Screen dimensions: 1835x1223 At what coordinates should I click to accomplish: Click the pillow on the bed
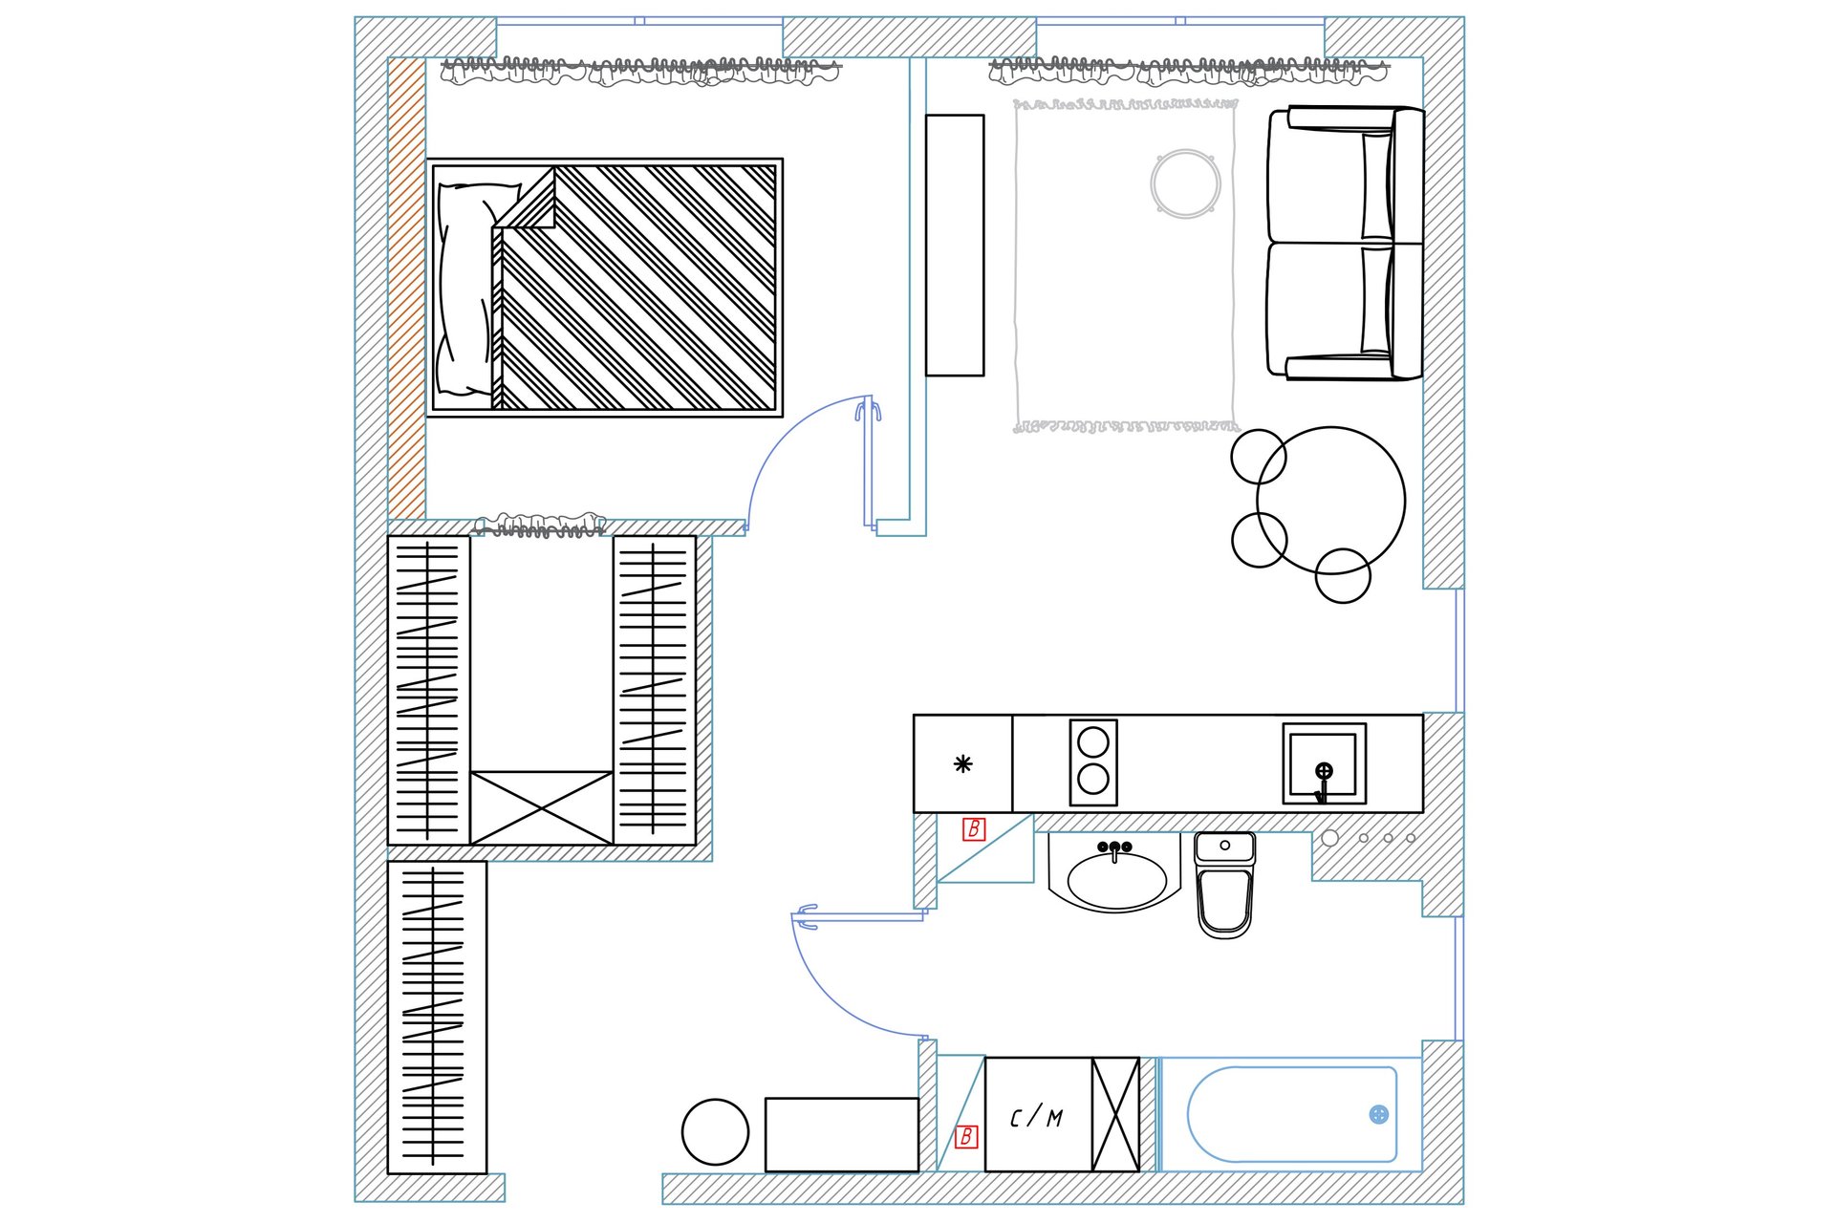tap(465, 290)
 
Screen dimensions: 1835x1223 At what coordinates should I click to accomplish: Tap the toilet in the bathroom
tap(1224, 885)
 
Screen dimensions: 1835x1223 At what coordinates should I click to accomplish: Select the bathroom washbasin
tap(1115, 873)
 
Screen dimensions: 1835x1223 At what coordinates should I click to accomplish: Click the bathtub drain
tap(1378, 1114)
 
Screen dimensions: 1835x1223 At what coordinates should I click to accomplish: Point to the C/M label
tap(1036, 1117)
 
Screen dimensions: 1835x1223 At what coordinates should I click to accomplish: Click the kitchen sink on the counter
tap(1324, 763)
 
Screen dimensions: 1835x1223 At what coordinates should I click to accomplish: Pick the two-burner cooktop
tap(1093, 762)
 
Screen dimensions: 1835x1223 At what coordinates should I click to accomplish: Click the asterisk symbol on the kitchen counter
tap(963, 763)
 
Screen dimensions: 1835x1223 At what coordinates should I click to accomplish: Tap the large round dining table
tap(1330, 501)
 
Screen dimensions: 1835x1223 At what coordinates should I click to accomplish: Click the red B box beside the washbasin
tap(974, 829)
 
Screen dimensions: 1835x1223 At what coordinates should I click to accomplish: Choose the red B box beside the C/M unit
tap(966, 1136)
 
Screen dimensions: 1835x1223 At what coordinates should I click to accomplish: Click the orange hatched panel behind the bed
tap(407, 289)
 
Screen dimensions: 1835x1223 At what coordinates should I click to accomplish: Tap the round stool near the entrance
tap(715, 1132)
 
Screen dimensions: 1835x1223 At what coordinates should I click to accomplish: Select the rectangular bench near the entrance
tap(842, 1134)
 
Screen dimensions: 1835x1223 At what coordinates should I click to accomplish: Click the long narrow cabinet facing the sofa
tap(955, 246)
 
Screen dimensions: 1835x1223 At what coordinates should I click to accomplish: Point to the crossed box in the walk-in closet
tap(542, 807)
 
